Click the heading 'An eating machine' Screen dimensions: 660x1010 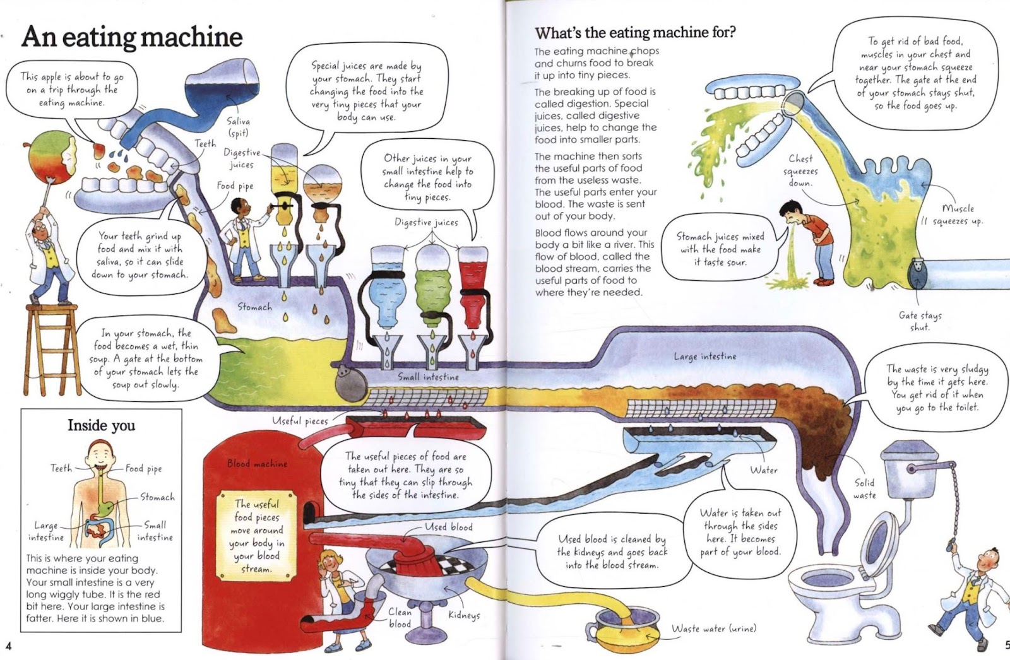point(132,37)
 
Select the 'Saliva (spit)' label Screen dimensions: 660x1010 point(238,126)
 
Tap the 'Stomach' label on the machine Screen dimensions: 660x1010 point(254,307)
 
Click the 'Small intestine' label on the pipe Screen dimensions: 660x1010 point(428,377)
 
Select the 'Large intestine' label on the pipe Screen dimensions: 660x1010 point(704,357)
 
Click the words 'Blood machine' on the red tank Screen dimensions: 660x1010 point(257,464)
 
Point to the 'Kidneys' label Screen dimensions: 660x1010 point(464,615)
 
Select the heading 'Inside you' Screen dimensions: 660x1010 point(101,425)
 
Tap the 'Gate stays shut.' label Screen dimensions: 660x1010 point(920,321)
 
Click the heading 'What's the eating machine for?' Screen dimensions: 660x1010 point(635,32)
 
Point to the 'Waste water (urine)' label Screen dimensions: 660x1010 point(713,628)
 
